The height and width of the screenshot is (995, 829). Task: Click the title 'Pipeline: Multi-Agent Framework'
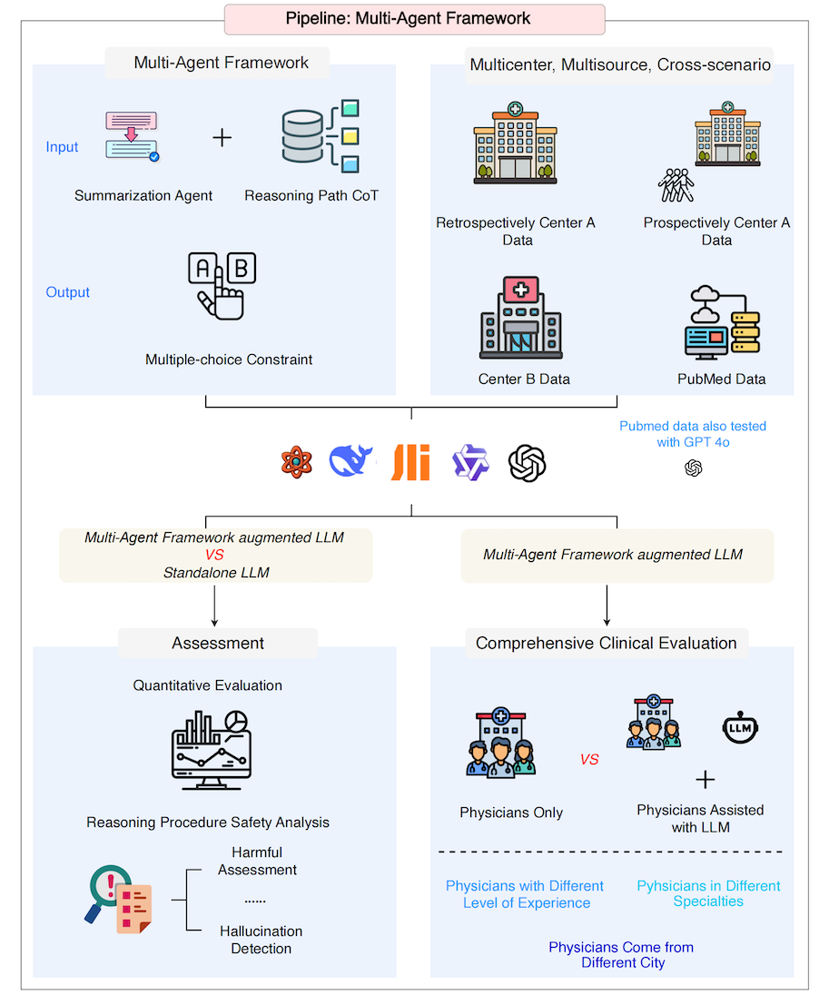point(408,18)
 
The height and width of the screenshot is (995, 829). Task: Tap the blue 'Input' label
point(63,147)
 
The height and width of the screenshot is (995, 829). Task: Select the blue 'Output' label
point(67,292)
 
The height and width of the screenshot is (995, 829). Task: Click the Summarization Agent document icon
point(132,136)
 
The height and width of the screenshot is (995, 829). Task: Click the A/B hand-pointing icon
point(222,286)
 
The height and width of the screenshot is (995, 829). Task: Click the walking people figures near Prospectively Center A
point(676,185)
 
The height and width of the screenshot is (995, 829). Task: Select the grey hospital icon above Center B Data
point(520,318)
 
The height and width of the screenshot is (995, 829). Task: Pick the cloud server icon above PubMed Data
point(723,320)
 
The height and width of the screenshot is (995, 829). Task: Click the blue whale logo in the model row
point(350,461)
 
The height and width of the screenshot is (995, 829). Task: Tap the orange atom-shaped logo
point(296,462)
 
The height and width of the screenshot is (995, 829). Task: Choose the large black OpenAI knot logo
point(527,463)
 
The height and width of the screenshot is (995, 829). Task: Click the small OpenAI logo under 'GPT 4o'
point(693,468)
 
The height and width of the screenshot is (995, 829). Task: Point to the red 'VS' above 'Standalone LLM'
point(214,555)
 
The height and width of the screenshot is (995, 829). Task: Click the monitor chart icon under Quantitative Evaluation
point(212,749)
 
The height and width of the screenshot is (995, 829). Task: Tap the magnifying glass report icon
point(119,899)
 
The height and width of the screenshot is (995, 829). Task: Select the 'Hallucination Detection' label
point(261,940)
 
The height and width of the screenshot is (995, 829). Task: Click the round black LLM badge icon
point(740,727)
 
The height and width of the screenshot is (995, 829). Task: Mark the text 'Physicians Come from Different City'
point(621,955)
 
